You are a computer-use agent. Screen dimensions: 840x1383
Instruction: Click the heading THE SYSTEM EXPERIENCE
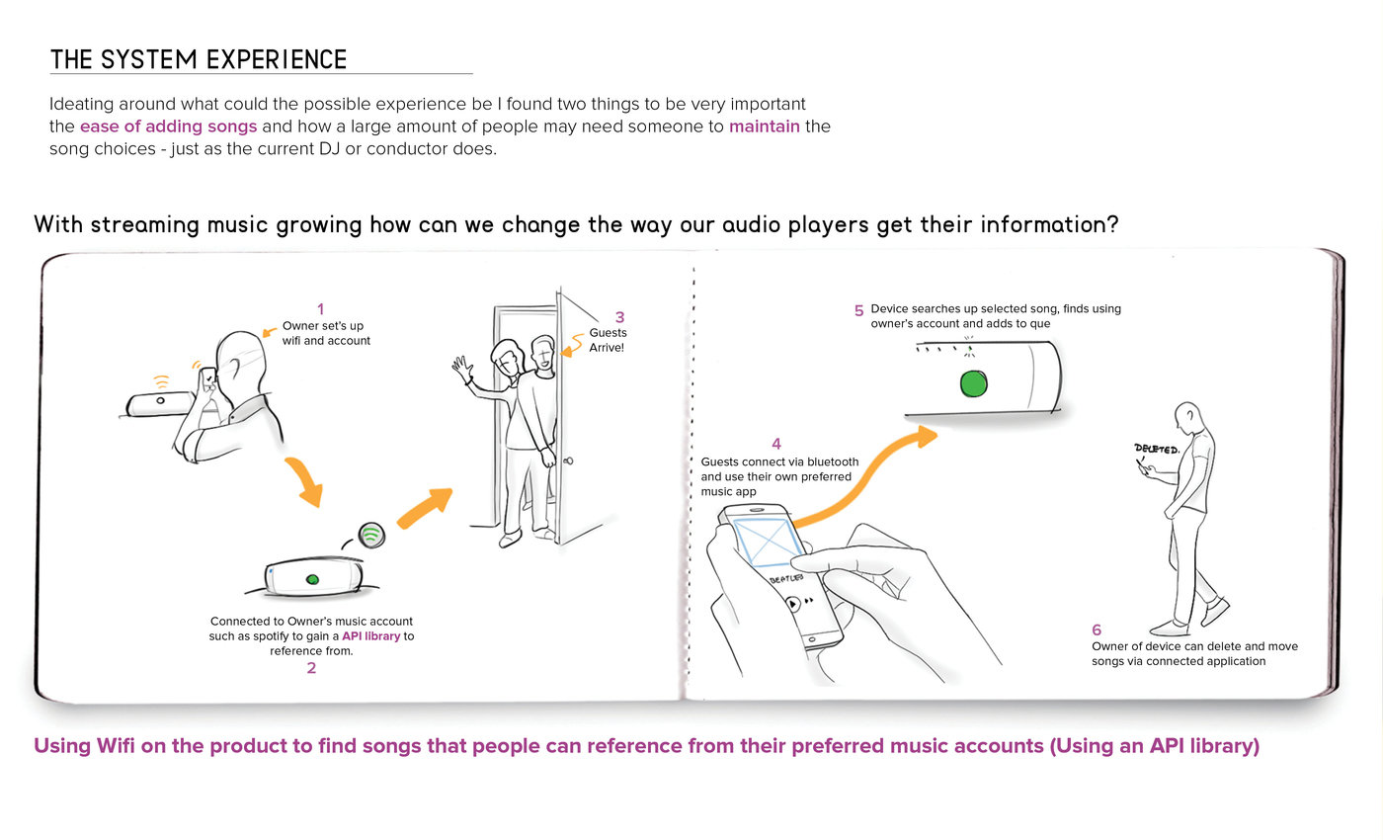tap(199, 60)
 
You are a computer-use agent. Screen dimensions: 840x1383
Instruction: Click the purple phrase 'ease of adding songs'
tap(169, 126)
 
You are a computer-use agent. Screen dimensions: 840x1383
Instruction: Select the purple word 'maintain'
tap(764, 126)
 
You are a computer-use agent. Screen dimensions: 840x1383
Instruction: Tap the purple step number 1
tap(319, 308)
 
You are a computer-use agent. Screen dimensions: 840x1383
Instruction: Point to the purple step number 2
tap(311, 668)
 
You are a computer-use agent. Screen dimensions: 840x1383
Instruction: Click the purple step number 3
tap(619, 317)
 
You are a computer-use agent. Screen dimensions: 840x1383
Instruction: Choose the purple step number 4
tap(776, 445)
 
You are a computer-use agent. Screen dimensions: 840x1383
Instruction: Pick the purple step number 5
tap(858, 310)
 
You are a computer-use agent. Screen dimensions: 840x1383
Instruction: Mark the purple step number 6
tap(1097, 630)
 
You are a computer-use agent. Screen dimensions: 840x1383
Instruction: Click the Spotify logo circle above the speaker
tap(371, 535)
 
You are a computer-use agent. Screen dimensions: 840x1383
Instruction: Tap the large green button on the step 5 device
tap(974, 383)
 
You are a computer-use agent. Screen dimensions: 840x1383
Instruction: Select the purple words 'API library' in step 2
tap(370, 636)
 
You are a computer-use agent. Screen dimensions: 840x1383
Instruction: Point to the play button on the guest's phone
tap(792, 601)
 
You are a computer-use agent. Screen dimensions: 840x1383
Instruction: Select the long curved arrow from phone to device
tap(859, 474)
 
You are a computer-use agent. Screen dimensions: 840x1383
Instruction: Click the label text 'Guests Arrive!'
tap(608, 340)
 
